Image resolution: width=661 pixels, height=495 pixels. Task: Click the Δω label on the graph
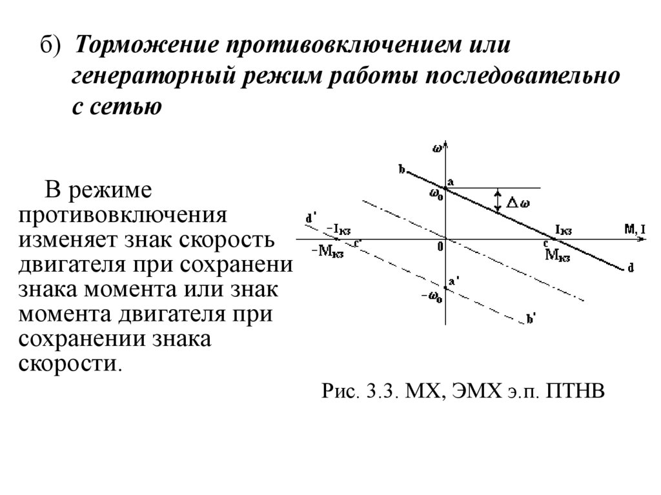tap(518, 203)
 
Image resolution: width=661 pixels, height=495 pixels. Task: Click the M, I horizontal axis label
tap(634, 229)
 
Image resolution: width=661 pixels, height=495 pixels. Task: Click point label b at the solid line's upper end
tap(402, 170)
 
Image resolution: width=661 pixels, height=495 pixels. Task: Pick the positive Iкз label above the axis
tap(563, 230)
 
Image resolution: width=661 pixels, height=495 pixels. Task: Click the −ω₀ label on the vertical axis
tap(432, 298)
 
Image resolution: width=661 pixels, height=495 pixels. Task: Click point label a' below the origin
tap(454, 281)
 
